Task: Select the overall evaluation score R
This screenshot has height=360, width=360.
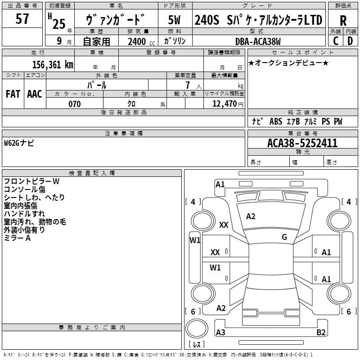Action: [x=343, y=21]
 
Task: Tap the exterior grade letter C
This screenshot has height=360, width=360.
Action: [x=335, y=40]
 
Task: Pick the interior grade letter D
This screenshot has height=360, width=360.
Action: [x=350, y=40]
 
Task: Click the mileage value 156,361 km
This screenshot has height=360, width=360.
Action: [x=53, y=64]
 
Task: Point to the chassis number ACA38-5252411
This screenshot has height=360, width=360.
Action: [x=302, y=144]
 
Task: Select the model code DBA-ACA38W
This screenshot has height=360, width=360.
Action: [x=258, y=41]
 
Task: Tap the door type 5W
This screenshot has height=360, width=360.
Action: [x=175, y=20]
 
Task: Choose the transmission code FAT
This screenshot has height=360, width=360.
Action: [x=13, y=94]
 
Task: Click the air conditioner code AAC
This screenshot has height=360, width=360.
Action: [x=34, y=94]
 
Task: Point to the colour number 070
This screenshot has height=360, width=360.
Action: [x=74, y=104]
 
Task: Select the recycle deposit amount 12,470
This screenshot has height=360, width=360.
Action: [x=224, y=104]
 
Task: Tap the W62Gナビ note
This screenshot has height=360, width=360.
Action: [x=19, y=143]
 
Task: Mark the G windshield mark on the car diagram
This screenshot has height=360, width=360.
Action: [x=284, y=237]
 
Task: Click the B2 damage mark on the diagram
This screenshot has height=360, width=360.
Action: [x=321, y=333]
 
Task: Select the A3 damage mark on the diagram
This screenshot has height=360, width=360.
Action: [x=220, y=333]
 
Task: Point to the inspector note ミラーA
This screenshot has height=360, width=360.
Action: [x=17, y=238]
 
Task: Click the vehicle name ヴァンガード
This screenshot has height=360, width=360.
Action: [x=115, y=20]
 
